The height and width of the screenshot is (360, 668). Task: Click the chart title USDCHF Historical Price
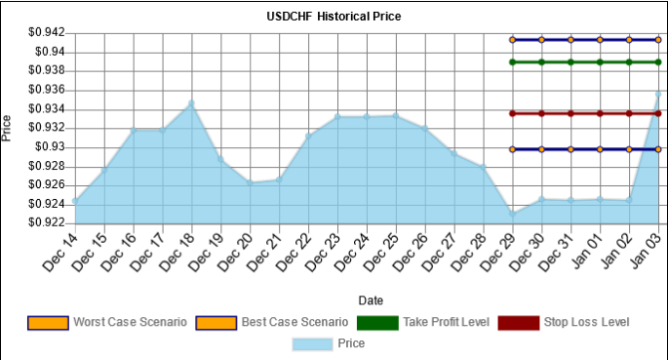point(334,17)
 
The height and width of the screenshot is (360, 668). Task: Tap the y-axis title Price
point(9,128)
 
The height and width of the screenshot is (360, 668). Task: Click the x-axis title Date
point(371,300)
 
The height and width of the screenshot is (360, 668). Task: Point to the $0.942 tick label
point(46,32)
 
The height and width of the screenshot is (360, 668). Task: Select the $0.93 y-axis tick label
point(51,147)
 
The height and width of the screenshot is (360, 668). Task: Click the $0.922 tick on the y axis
point(46,222)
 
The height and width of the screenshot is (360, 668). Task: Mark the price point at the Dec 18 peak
point(191,102)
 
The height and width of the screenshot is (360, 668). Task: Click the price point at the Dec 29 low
point(512,213)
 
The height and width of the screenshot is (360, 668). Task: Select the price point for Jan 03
point(658,94)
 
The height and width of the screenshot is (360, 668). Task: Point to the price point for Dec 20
point(250,182)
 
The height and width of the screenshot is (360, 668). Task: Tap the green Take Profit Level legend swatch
point(375,322)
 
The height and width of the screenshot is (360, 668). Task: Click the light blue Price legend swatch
point(312,343)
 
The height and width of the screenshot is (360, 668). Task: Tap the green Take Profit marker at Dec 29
point(512,62)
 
